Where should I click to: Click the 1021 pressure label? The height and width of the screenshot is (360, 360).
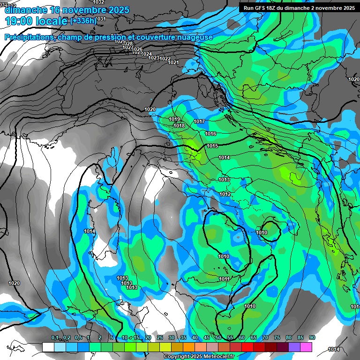point(173,62)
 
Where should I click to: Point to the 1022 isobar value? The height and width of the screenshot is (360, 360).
point(165,59)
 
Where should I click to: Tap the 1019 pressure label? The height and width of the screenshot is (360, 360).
point(174,119)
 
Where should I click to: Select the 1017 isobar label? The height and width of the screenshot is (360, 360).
point(199,122)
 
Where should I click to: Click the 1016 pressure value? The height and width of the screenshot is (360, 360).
point(210,134)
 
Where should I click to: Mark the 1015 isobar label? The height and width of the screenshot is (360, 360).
point(212,146)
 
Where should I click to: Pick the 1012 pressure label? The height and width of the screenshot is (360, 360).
point(225,194)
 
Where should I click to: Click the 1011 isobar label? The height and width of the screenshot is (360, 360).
point(224,279)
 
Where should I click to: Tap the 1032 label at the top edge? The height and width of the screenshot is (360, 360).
point(98,2)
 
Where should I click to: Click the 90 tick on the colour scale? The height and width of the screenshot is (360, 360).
point(312,337)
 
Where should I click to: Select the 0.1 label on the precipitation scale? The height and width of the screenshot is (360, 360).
point(55,337)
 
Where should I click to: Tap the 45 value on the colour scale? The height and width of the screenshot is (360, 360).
point(207,337)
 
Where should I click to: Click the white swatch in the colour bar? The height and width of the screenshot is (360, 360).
point(48,347)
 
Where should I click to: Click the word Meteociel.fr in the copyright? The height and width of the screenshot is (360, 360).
point(216,357)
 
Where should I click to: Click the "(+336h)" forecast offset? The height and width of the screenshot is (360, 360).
point(84,21)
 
